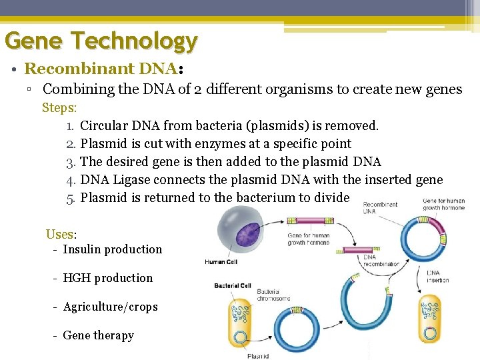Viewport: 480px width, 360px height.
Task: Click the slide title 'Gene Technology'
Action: (x=101, y=41)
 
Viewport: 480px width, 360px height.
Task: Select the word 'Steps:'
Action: (x=60, y=107)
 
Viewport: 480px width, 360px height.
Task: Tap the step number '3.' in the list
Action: (x=72, y=161)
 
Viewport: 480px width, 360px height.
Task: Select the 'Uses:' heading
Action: (x=61, y=235)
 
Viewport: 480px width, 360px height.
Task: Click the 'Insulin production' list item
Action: (x=112, y=249)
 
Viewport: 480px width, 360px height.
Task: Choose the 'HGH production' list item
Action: (x=107, y=278)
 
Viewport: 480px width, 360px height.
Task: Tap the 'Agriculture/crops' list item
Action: (x=110, y=307)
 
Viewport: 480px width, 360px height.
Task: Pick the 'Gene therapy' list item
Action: (x=98, y=335)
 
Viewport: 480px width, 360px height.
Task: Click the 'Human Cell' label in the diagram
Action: (x=221, y=262)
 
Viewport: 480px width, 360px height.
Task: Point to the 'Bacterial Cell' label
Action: (x=233, y=286)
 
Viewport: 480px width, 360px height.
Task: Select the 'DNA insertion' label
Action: (x=438, y=276)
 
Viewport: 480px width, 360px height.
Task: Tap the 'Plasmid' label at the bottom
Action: (x=258, y=356)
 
